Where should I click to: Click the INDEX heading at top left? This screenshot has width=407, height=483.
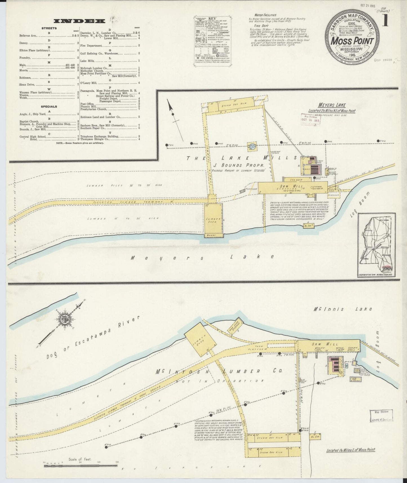(x=79, y=21)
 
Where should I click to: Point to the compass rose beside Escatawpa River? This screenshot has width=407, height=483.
(x=66, y=318)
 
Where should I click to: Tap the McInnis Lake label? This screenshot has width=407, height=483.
(x=343, y=309)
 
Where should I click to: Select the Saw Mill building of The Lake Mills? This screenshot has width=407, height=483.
(x=293, y=187)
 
